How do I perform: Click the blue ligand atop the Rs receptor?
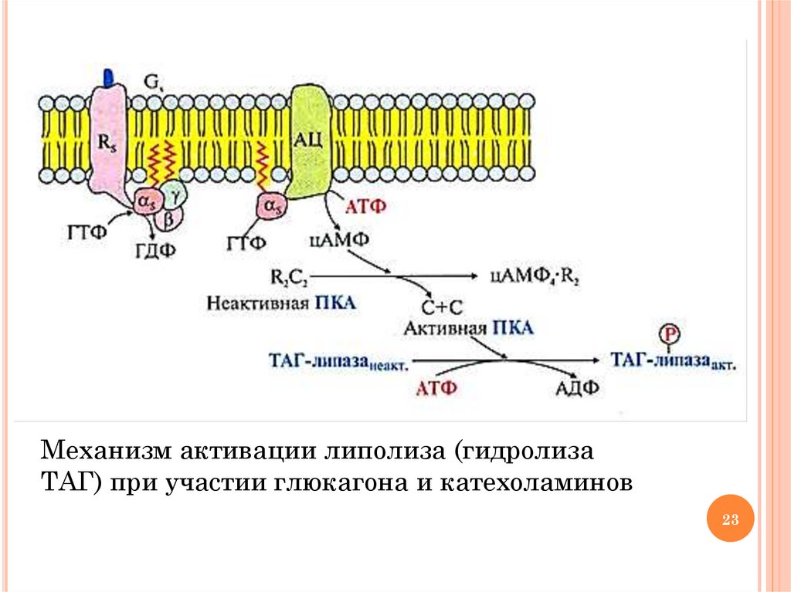tap(108, 76)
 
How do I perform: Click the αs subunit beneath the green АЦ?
tap(271, 208)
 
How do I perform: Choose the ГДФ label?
tap(154, 250)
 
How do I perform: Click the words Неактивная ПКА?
tap(281, 303)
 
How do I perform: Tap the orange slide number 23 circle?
tap(730, 519)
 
